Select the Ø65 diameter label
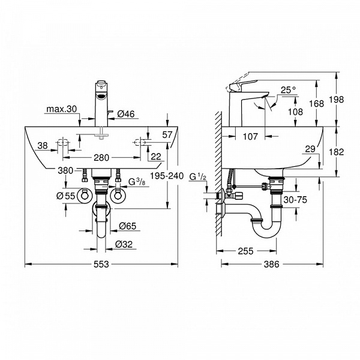coord(127,226)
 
